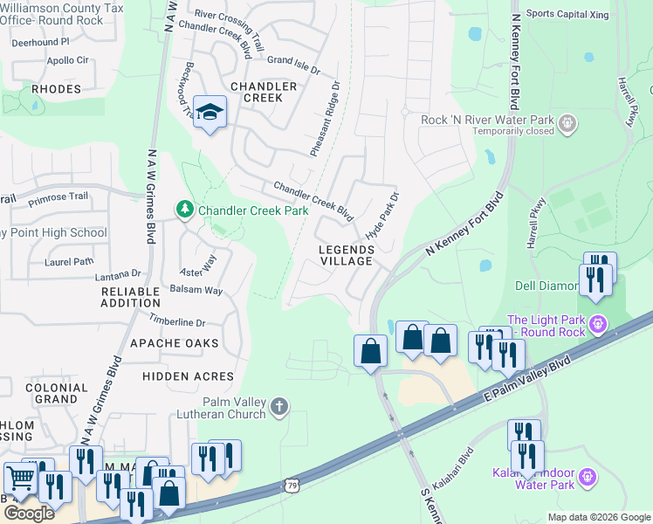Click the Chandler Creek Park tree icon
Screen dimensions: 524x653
coord(184,210)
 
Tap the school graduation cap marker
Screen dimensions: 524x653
coord(210,112)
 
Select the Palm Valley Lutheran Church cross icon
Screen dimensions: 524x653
coord(278,406)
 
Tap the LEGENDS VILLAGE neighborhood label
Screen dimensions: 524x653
coord(346,255)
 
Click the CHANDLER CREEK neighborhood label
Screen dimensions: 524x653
coord(263,92)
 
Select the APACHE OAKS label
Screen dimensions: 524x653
coord(174,343)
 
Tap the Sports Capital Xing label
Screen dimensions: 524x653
coord(566,14)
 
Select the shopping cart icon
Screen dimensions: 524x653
coord(19,479)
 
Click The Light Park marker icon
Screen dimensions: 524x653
coord(597,325)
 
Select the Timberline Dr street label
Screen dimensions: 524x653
coord(176,321)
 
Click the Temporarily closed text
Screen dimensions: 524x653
coord(513,132)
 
